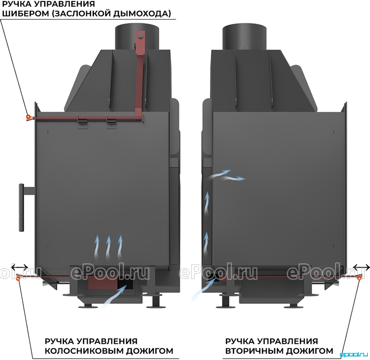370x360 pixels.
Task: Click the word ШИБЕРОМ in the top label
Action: click(x=25, y=13)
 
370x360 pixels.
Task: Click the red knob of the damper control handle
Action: click(x=28, y=117)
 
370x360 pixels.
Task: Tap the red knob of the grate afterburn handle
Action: click(x=18, y=279)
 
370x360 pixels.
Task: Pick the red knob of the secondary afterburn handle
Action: click(x=359, y=279)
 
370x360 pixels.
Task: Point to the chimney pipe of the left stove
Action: click(x=137, y=36)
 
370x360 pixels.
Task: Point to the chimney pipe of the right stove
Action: click(x=245, y=36)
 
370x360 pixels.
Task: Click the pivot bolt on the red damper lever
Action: click(x=140, y=36)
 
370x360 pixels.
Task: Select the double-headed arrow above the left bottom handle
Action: click(x=20, y=267)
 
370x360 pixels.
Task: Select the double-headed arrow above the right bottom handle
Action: click(x=361, y=267)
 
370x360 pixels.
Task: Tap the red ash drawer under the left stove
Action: click(x=103, y=283)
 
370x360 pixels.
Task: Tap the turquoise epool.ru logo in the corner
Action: click(x=354, y=354)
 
